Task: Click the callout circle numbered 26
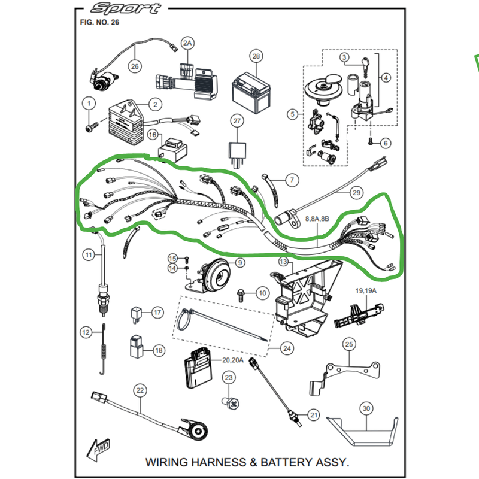click(x=134, y=66)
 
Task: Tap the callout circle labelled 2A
click(x=188, y=43)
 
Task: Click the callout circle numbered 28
click(x=256, y=57)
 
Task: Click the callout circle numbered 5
click(x=292, y=114)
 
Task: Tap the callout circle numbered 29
click(x=357, y=192)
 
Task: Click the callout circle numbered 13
click(x=283, y=262)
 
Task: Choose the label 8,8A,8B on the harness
click(x=317, y=220)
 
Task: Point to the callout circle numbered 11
click(x=89, y=256)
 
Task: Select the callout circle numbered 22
click(x=140, y=391)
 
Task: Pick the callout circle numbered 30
click(x=366, y=409)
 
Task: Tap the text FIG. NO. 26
click(x=99, y=22)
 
